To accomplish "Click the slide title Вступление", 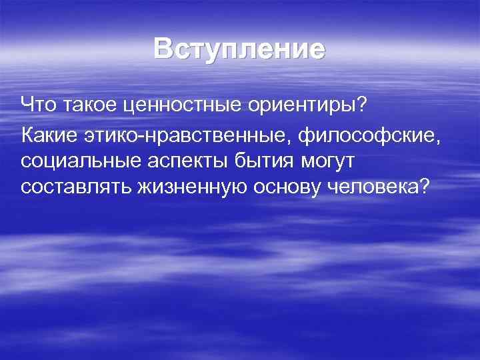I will click(239, 50).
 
